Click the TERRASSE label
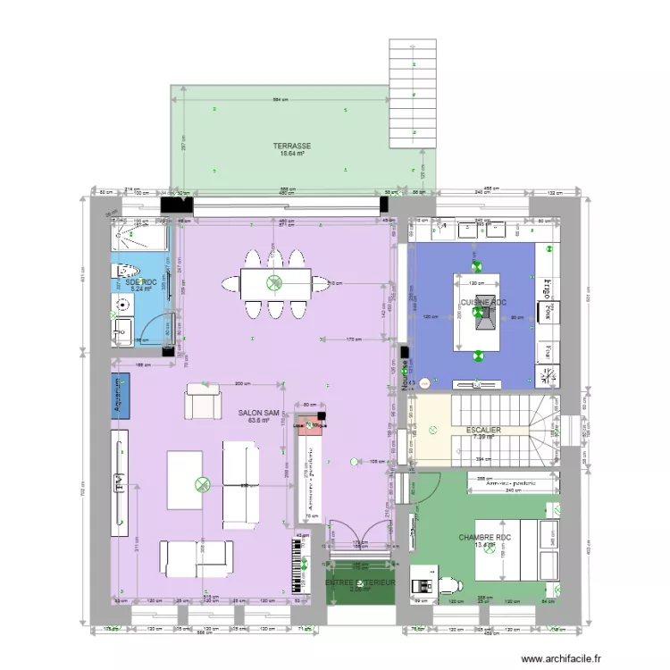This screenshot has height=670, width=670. coord(292,146)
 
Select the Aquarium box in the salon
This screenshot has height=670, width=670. coord(120,395)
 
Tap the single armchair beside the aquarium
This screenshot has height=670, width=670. coord(201,401)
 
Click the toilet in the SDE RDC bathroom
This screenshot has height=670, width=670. coord(125,272)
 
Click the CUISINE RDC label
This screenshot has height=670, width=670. coord(483,303)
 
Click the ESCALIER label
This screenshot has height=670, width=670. coord(482,430)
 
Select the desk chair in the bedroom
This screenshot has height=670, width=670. coord(448,583)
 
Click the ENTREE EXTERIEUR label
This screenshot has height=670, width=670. coord(360,582)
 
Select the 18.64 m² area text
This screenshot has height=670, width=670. coord(292,154)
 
